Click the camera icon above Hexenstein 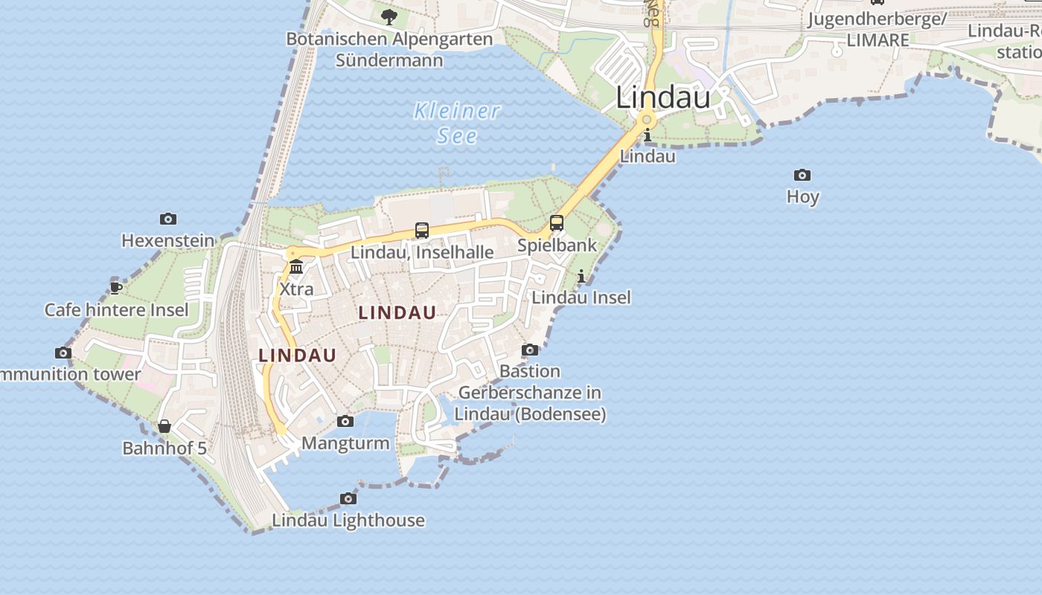pos(168,219)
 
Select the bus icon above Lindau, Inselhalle pos(422,231)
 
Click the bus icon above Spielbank pos(557,222)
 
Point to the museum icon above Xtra pos(296,266)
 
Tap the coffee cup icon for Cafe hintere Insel pos(116,287)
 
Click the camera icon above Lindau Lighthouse pos(348,498)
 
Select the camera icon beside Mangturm pos(345,422)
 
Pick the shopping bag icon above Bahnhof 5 pos(164,426)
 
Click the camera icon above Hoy pos(802,176)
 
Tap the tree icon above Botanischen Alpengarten pos(389,16)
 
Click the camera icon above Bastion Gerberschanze pos(530,350)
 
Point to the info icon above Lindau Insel pos(581,277)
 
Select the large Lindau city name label pos(663,97)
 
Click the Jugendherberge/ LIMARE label pos(877,29)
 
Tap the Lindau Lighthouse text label pos(348,520)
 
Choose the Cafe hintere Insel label pos(117,309)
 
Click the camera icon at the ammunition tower pos(63,353)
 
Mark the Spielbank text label pos(557,245)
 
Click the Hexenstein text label pos(168,241)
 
